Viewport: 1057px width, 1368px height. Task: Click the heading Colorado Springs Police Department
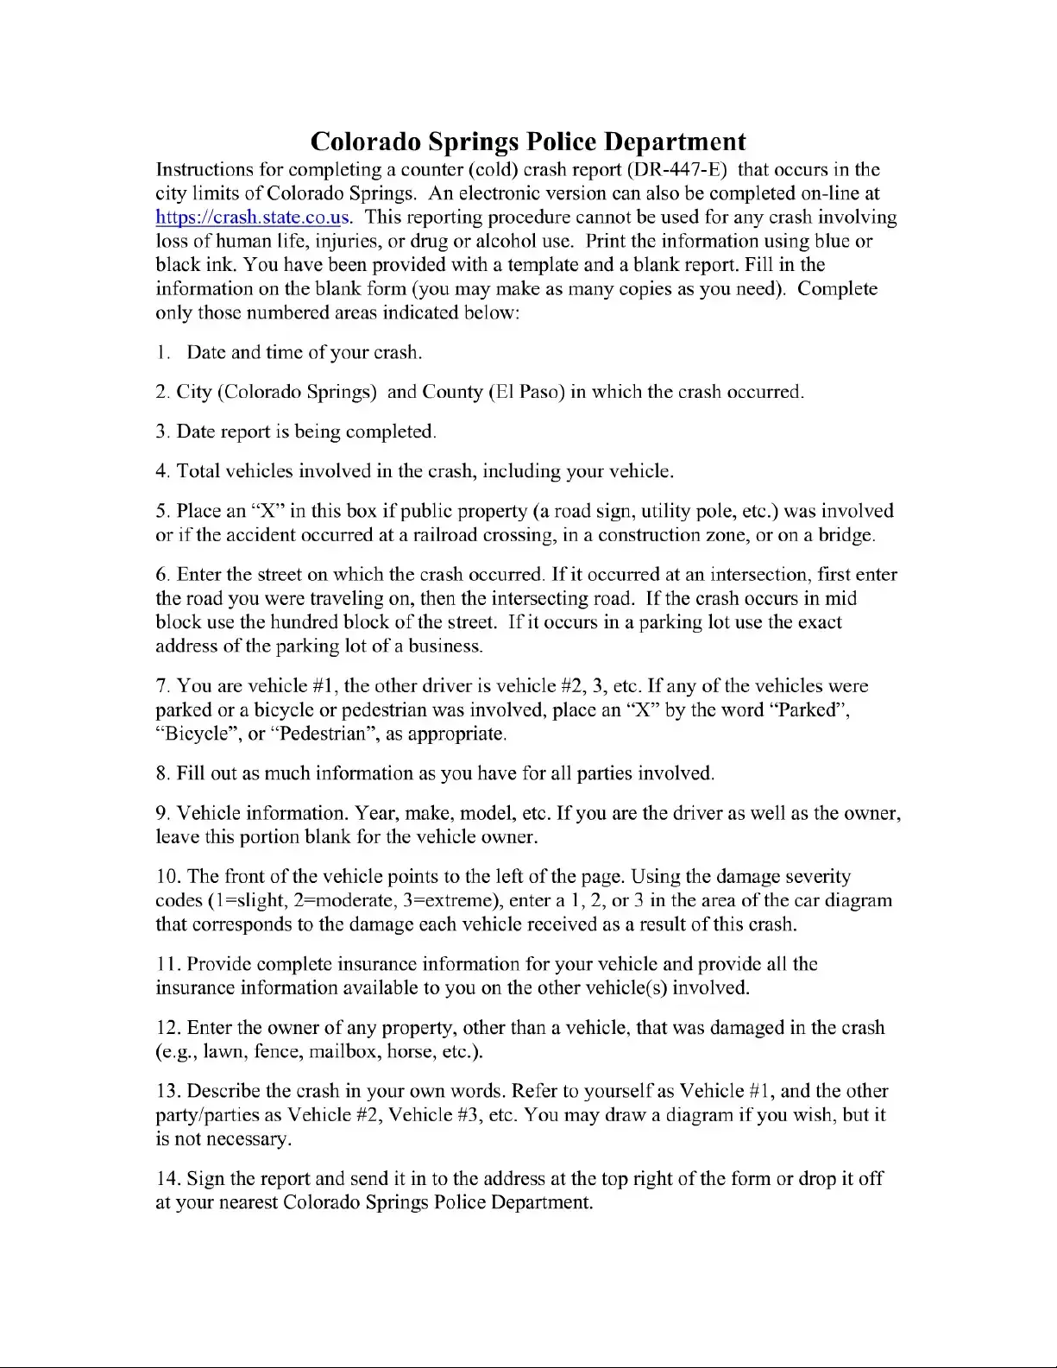[527, 142]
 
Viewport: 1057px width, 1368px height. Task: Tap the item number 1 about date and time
[160, 353]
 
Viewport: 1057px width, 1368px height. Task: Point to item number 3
[161, 432]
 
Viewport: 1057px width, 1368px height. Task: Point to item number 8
[161, 773]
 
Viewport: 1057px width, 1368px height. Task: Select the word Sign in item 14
[205, 1179]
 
